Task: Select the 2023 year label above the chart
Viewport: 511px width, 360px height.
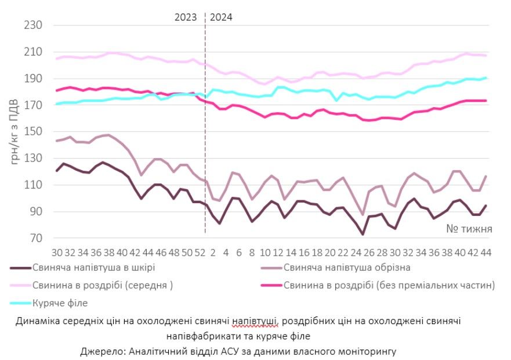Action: (x=186, y=17)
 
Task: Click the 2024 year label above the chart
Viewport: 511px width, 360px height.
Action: (x=221, y=17)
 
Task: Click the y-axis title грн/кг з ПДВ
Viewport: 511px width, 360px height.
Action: (x=15, y=132)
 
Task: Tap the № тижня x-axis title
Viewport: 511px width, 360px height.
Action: (x=469, y=229)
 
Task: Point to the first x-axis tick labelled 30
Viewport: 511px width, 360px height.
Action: (x=57, y=253)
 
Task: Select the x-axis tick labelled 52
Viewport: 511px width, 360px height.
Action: (x=199, y=253)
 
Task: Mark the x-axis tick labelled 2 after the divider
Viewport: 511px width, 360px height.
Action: (x=213, y=253)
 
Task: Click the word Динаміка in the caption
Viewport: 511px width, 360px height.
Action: (x=36, y=321)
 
